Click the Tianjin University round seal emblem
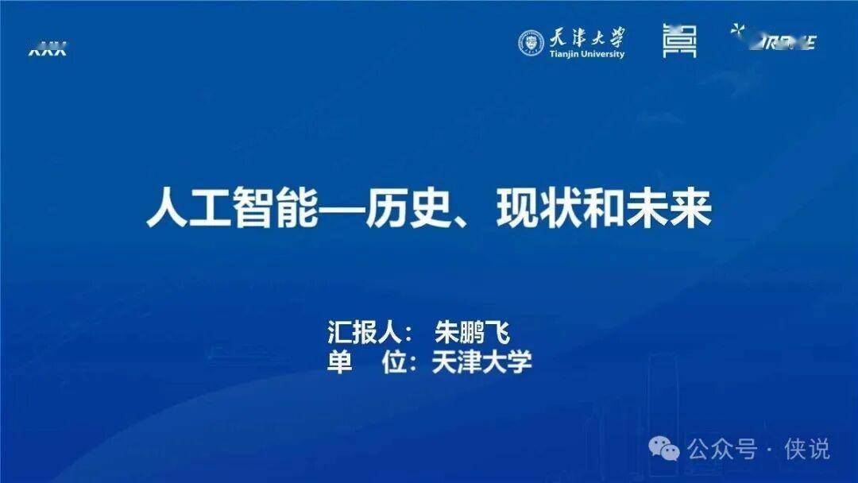point(531,43)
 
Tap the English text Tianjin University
point(586,54)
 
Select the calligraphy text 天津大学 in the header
point(586,37)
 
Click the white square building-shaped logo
point(679,41)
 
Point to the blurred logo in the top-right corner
point(775,39)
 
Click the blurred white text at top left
point(47,50)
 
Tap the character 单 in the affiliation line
point(340,361)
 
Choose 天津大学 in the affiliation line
point(481,361)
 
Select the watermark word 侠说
point(807,449)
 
